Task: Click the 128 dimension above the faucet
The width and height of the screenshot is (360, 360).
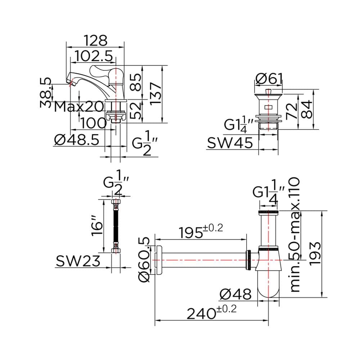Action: [x=95, y=40]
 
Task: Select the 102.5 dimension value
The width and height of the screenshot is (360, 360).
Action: [x=94, y=56]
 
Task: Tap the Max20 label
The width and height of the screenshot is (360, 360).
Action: [x=79, y=107]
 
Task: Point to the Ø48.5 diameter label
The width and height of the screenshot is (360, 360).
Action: [x=77, y=140]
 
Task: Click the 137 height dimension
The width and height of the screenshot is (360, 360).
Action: [x=156, y=94]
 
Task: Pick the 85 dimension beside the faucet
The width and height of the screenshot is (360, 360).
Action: [x=136, y=82]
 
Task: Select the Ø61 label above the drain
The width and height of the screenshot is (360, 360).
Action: [x=269, y=79]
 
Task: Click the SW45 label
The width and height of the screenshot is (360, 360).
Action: [x=230, y=143]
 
